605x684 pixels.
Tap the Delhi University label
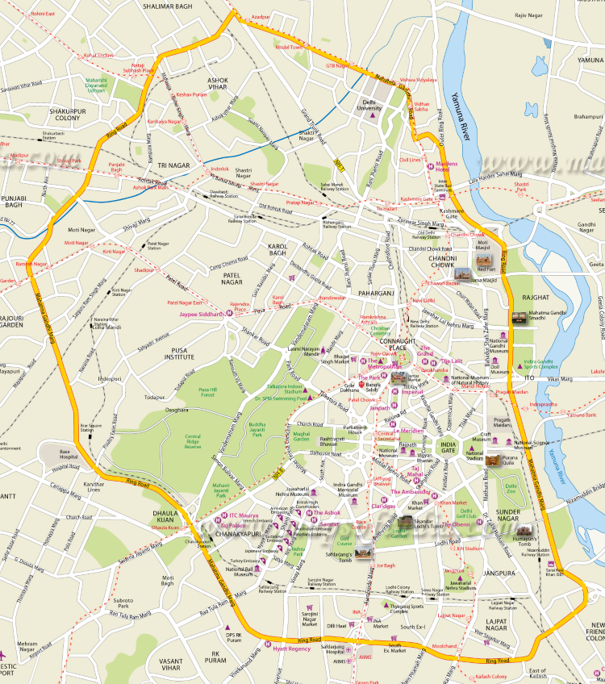(371, 105)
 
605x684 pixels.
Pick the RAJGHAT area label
(535, 298)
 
